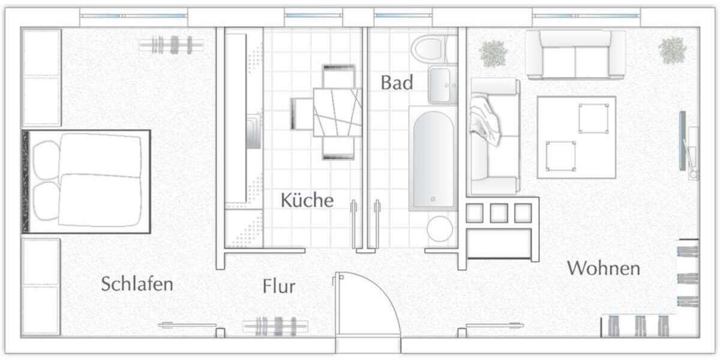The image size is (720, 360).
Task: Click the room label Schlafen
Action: (x=137, y=284)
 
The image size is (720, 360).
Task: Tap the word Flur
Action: (x=279, y=287)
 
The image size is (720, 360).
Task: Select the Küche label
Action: (x=307, y=200)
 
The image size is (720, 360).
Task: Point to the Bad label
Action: (x=397, y=83)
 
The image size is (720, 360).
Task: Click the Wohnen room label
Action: (x=604, y=268)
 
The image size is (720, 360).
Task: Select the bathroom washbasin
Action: (x=442, y=85)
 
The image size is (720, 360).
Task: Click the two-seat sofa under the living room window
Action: (x=575, y=55)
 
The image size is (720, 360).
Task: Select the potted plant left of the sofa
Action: (x=494, y=53)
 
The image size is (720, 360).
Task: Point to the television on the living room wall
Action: (x=683, y=141)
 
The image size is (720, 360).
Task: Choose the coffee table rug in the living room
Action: (x=576, y=137)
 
